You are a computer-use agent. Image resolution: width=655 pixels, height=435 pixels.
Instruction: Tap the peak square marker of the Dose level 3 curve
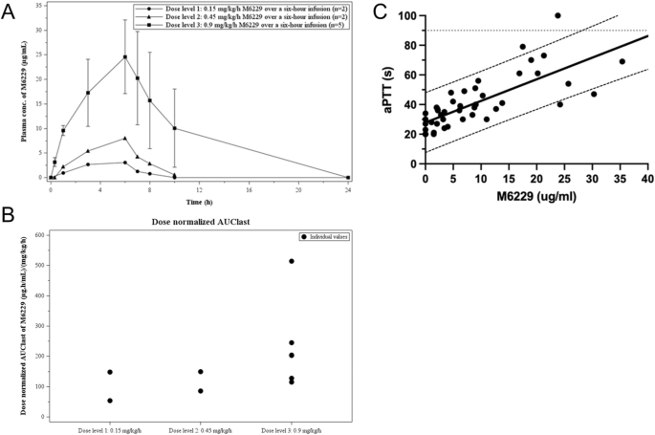[x=124, y=56]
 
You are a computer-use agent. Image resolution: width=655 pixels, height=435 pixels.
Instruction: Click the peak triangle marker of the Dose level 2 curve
[x=124, y=138]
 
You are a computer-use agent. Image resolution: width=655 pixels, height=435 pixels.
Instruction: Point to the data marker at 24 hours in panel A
[x=347, y=177]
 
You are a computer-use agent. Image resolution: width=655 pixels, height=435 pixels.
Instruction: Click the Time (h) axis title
[x=199, y=204]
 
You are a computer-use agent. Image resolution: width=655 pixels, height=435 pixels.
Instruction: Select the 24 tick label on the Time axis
[x=347, y=189]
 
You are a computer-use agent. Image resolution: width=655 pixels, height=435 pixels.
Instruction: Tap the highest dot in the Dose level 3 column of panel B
[x=292, y=261]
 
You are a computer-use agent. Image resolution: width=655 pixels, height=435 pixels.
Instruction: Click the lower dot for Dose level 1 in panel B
[x=110, y=401]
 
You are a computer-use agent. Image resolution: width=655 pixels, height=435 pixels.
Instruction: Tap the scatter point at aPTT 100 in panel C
[x=558, y=15]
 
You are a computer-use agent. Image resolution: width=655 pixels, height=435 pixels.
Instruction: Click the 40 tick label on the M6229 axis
[x=647, y=178]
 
